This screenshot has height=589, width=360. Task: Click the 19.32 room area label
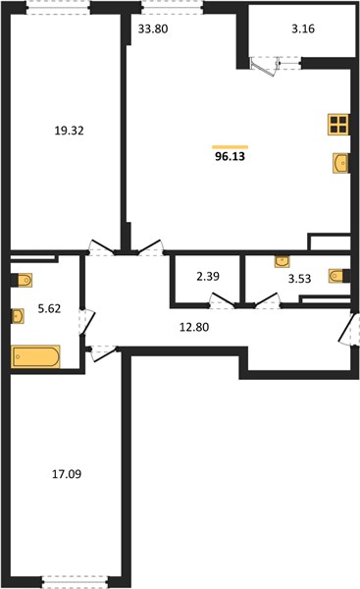tap(69, 131)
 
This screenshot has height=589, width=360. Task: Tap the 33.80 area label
tap(153, 28)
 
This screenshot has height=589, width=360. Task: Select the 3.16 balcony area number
tap(303, 28)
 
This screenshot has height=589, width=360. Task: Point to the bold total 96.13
tap(230, 157)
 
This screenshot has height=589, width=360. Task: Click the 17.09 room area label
tap(67, 474)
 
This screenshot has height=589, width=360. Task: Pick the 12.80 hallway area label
tap(194, 327)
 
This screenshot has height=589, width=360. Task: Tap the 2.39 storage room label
tap(208, 277)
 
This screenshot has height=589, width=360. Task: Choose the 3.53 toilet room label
tap(299, 279)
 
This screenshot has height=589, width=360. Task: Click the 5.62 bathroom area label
tap(49, 309)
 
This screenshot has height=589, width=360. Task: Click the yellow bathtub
tap(35, 356)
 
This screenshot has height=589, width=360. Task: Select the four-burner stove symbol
tap(338, 125)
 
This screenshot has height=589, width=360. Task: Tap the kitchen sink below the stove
tap(340, 163)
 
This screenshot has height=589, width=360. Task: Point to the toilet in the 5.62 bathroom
tap(23, 280)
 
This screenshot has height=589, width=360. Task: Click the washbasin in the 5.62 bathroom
tap(18, 316)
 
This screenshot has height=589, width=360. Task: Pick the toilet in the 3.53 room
tap(339, 276)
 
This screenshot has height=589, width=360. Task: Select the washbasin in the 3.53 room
tap(282, 261)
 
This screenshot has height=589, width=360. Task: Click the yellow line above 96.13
tap(231, 147)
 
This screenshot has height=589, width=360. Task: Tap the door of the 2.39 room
tap(223, 300)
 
